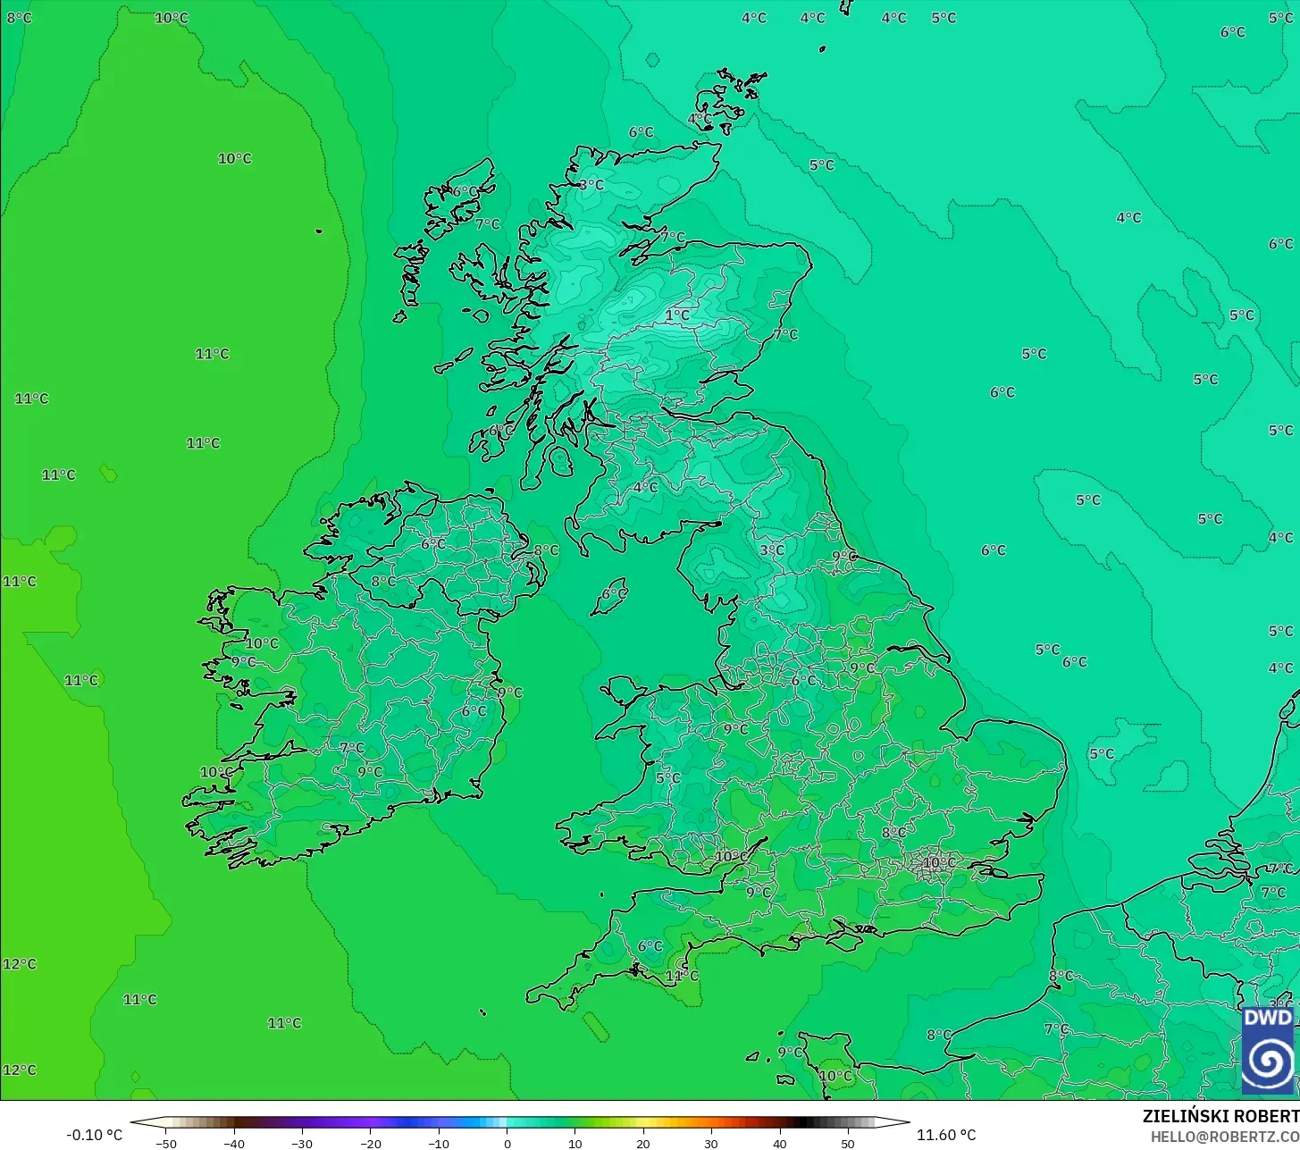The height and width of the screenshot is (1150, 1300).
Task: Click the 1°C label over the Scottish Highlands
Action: [x=677, y=315]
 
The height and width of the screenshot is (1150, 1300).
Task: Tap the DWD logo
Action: [x=1267, y=1050]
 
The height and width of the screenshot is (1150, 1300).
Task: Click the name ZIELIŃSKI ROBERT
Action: [x=1220, y=1116]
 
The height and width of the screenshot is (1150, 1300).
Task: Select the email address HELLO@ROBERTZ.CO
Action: [x=1224, y=1137]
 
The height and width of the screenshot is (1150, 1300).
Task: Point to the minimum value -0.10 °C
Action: [x=94, y=1135]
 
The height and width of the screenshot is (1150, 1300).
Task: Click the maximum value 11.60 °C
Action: [x=946, y=1135]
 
